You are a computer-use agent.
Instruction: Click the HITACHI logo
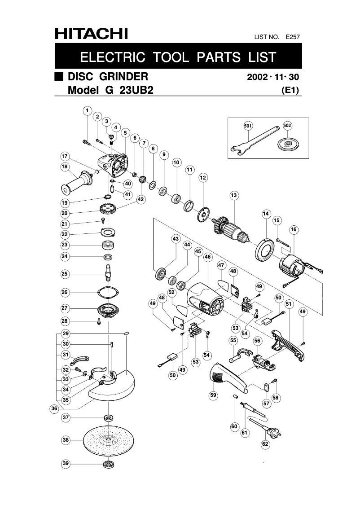[91, 34]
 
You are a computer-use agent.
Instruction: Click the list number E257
[292, 37]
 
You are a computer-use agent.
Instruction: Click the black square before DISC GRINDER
[59, 76]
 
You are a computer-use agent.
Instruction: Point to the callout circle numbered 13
[233, 195]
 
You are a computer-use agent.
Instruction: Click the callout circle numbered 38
[66, 440]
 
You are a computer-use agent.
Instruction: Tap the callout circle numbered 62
[265, 444]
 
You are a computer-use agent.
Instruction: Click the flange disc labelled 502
[287, 144]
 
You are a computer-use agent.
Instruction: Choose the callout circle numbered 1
[87, 110]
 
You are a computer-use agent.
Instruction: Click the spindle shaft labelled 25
[109, 272]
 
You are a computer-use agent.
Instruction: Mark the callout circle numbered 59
[213, 395]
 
